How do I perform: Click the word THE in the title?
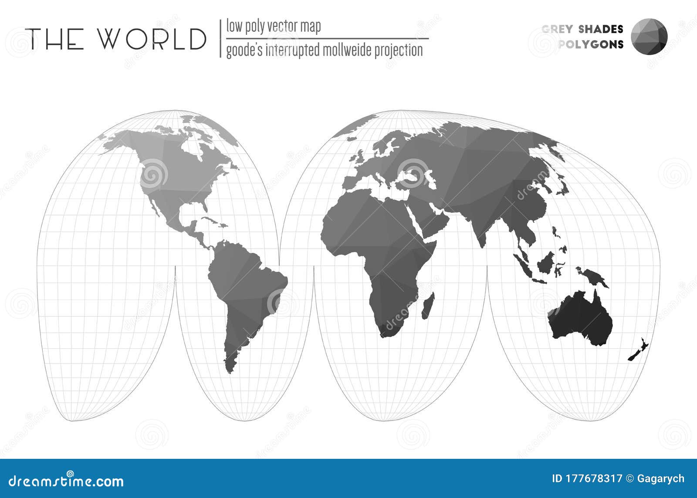pyautogui.click(x=54, y=39)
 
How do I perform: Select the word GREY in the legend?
pyautogui.click(x=557, y=29)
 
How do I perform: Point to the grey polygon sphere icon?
pyautogui.click(x=649, y=36)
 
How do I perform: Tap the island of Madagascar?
pyautogui.click(x=428, y=306)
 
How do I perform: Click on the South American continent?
pyautogui.click(x=240, y=283)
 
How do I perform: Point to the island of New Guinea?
pyautogui.click(x=592, y=277)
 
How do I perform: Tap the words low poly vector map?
pyautogui.click(x=274, y=27)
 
